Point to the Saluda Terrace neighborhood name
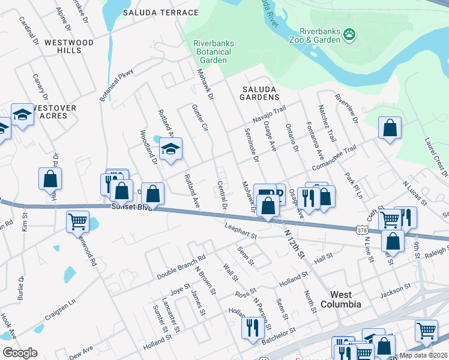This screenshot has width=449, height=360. [160, 13]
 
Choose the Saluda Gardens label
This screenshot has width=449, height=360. [260, 92]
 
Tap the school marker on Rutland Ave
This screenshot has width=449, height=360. [170, 150]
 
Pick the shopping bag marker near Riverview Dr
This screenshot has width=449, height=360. [390, 128]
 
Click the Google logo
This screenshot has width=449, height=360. [20, 353]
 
